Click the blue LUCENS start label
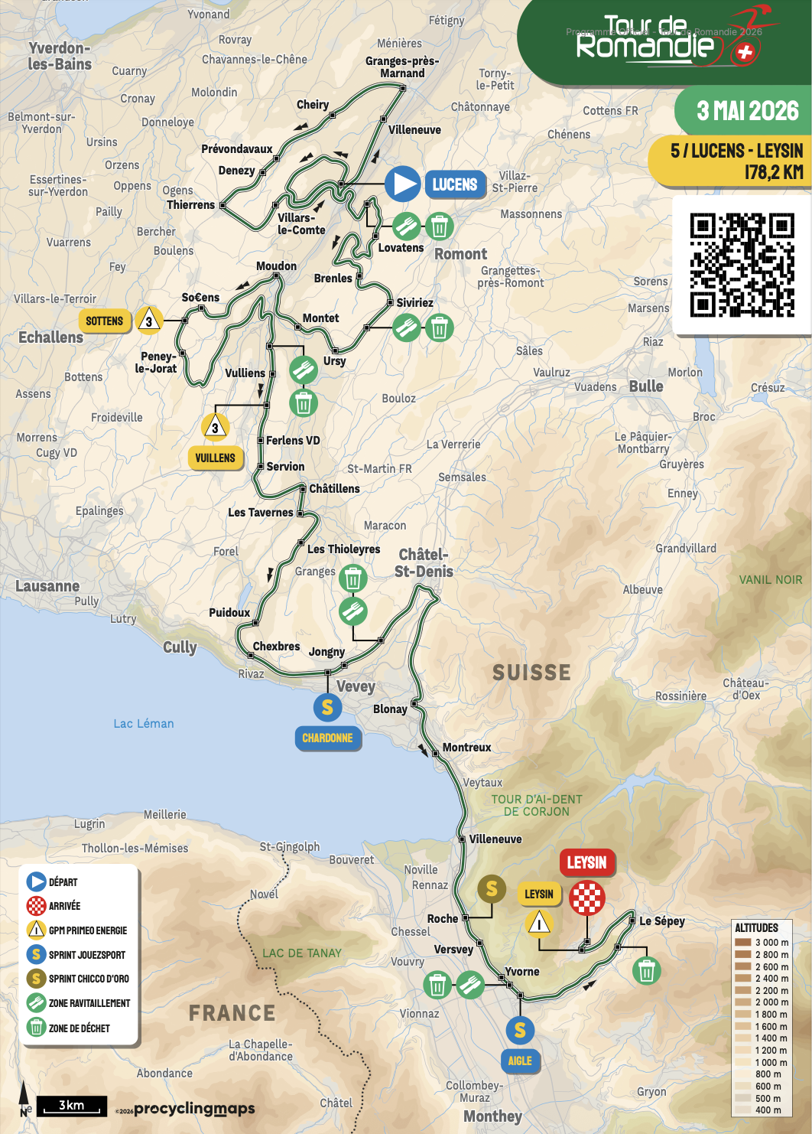(455, 184)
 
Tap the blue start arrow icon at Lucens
(403, 184)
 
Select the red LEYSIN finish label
(586, 862)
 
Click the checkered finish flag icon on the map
(586, 898)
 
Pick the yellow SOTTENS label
(104, 321)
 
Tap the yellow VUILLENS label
(215, 458)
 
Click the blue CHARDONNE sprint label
(327, 738)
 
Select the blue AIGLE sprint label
(520, 1061)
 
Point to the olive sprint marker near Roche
(492, 888)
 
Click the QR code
(742, 265)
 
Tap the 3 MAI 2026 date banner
(747, 112)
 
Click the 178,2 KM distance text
(773, 172)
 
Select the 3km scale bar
(72, 1106)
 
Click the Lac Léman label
(144, 723)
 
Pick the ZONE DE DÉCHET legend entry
(79, 1028)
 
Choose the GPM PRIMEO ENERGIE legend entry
(87, 930)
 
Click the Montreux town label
(466, 748)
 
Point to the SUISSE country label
(531, 673)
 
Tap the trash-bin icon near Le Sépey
(646, 970)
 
